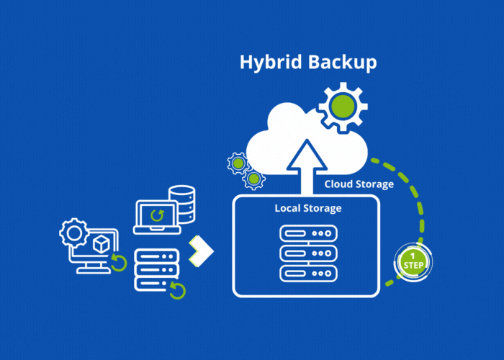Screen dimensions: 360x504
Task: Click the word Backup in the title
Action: [x=341, y=63]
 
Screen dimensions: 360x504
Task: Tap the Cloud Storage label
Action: [x=359, y=184]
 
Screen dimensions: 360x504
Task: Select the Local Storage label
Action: [x=307, y=209]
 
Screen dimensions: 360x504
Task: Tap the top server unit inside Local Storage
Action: [x=307, y=234]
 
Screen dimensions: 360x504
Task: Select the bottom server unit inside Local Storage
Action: [x=307, y=274]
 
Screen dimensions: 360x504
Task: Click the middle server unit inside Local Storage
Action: [x=307, y=254]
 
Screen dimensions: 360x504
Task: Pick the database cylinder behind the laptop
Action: [x=181, y=204]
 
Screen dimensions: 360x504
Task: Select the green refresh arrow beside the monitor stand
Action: [x=120, y=263]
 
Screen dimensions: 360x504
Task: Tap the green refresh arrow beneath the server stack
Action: [x=176, y=290]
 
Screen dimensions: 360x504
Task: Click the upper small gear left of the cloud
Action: [x=237, y=163]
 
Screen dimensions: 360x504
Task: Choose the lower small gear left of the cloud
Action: [x=253, y=179]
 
